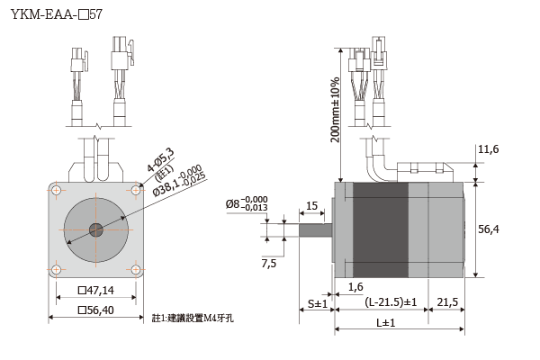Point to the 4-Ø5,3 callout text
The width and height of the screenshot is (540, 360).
click(x=161, y=160)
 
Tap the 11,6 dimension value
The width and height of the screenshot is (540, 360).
click(x=489, y=148)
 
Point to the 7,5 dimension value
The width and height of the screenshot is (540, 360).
click(x=269, y=263)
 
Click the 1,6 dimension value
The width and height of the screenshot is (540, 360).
click(x=355, y=286)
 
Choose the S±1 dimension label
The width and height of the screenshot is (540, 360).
click(x=317, y=303)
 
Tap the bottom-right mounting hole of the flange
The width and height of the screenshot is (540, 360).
click(x=135, y=267)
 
